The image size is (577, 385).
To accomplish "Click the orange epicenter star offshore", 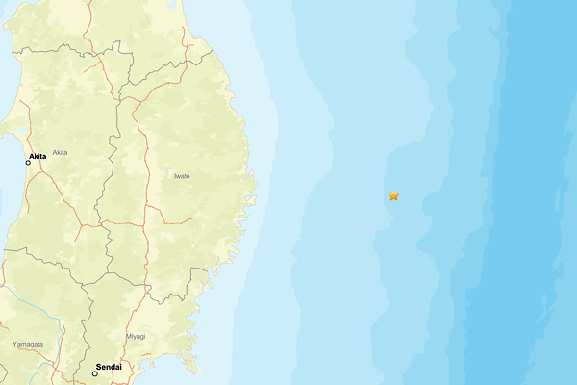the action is click(x=393, y=196).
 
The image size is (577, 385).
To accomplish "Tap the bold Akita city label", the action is click(x=38, y=156).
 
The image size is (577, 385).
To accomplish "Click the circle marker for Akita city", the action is click(x=28, y=163).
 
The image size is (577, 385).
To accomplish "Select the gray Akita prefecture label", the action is click(x=60, y=152).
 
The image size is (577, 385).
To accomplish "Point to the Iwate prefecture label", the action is click(x=182, y=176).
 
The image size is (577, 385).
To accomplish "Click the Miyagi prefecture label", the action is click(x=136, y=336).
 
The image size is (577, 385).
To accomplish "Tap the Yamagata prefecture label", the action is click(x=27, y=344).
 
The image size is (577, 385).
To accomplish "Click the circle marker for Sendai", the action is click(x=95, y=373).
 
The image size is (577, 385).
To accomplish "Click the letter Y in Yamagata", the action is click(x=14, y=344).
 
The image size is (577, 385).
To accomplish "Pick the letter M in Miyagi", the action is click(x=128, y=336).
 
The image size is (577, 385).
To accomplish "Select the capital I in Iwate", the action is click(x=174, y=176).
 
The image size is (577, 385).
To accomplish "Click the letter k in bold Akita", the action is click(x=37, y=156).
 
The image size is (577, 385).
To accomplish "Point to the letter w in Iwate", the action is click(x=179, y=176).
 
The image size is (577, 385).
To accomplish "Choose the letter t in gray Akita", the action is click(x=63, y=152).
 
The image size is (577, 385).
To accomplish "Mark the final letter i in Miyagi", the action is click(x=144, y=336).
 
